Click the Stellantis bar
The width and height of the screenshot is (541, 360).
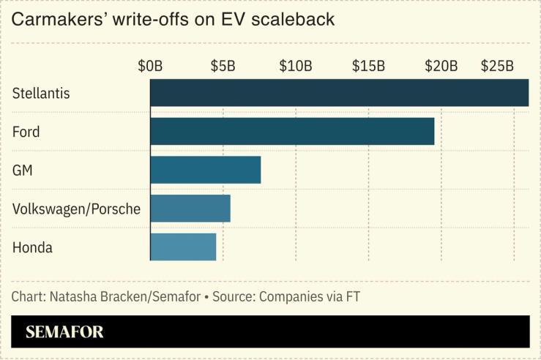pyautogui.click(x=339, y=93)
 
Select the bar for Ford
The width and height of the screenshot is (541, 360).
pyautogui.click(x=292, y=132)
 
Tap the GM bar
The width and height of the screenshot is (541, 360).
pyautogui.click(x=205, y=170)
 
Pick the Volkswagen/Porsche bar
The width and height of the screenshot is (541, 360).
pyautogui.click(x=190, y=209)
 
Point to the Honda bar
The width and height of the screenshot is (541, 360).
pyautogui.click(x=183, y=247)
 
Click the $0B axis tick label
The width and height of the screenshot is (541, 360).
pyautogui.click(x=150, y=66)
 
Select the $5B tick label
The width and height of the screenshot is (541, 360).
pyautogui.click(x=223, y=66)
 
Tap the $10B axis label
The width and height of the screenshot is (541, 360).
pyautogui.click(x=296, y=66)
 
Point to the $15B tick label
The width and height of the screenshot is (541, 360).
pyautogui.click(x=368, y=66)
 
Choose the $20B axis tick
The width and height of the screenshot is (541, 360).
pyautogui.click(x=441, y=66)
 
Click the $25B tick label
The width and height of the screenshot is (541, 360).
pyautogui.click(x=497, y=66)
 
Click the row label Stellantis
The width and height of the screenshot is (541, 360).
pyautogui.click(x=41, y=94)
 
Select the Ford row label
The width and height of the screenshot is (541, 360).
pyautogui.click(x=26, y=132)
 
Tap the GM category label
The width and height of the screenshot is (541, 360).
pyautogui.click(x=23, y=170)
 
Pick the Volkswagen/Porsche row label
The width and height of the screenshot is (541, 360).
pyautogui.click(x=76, y=209)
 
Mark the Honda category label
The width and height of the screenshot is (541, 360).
pyautogui.click(x=32, y=247)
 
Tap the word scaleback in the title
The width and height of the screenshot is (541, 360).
pyautogui.click(x=296, y=19)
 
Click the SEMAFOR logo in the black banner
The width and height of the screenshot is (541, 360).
pyautogui.click(x=64, y=332)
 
